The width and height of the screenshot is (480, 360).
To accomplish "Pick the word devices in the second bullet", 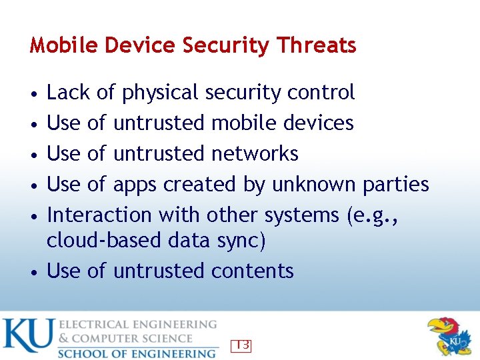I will pyautogui.click(x=318, y=123).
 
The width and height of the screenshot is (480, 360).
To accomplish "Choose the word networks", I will pyautogui.click(x=255, y=153).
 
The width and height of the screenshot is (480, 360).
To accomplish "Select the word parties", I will pyautogui.click(x=396, y=185).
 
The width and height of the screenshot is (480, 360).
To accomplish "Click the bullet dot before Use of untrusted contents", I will pyautogui.click(x=33, y=272).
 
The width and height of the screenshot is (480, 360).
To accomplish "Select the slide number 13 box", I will pyautogui.click(x=241, y=345).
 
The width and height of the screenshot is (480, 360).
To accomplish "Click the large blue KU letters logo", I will pyautogui.click(x=27, y=337).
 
